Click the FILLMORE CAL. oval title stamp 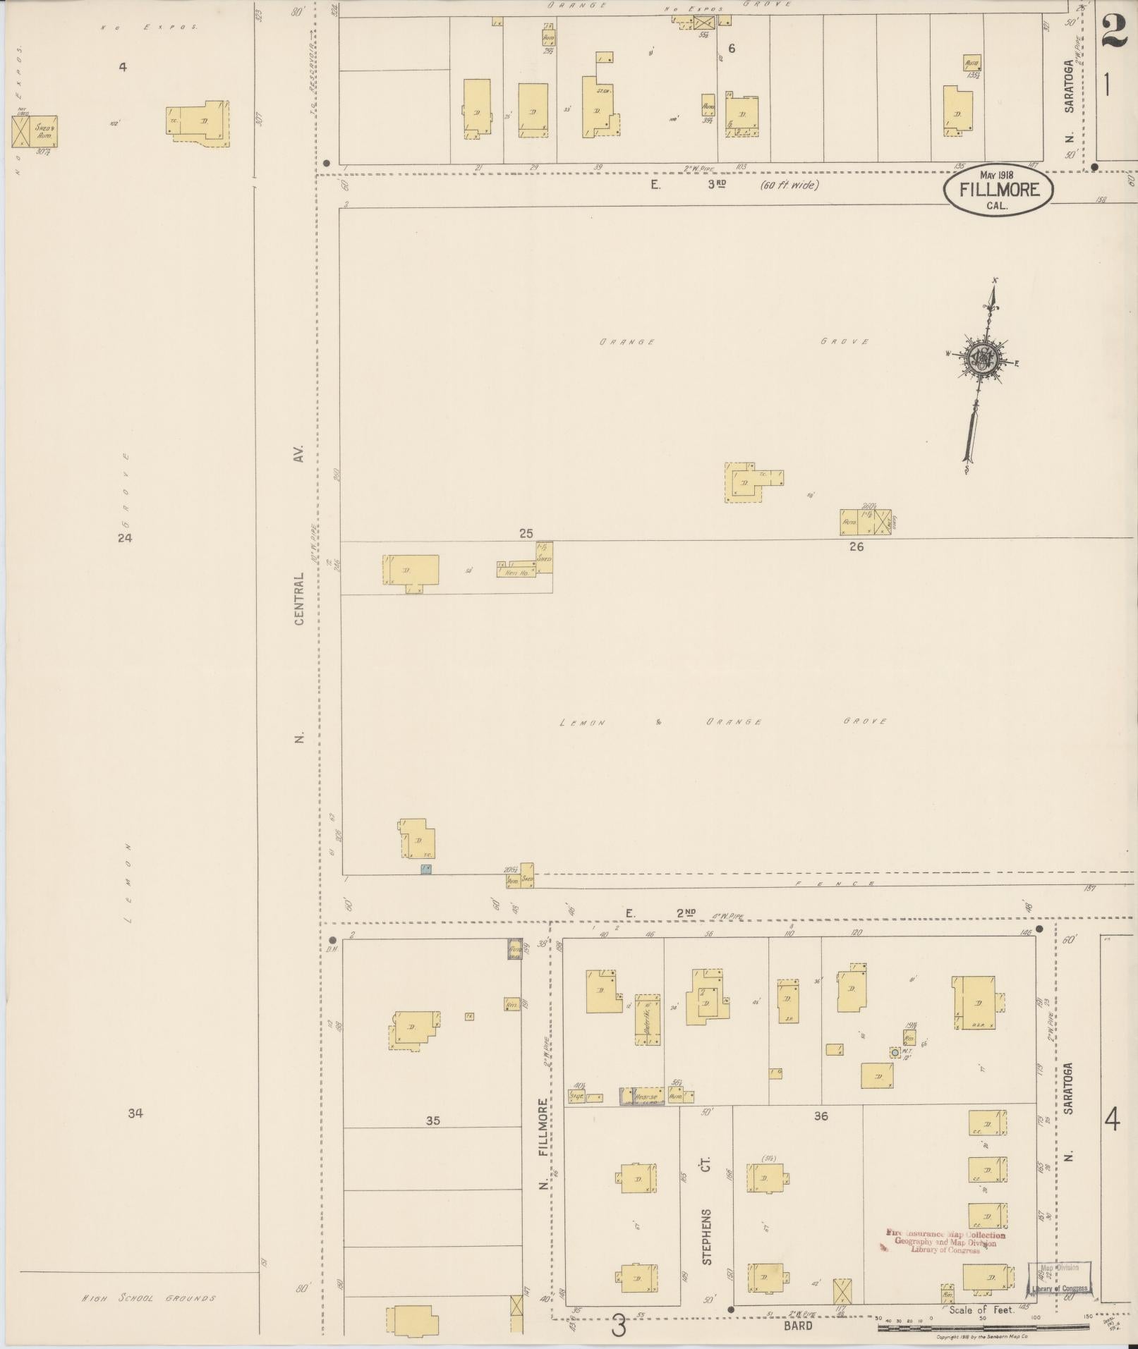click(999, 191)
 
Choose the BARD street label click(797, 1326)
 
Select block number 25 click(526, 534)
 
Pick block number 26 click(856, 547)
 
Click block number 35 click(433, 1121)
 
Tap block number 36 click(821, 1116)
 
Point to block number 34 click(135, 1113)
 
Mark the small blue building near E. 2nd click(425, 869)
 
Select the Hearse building click(643, 1096)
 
